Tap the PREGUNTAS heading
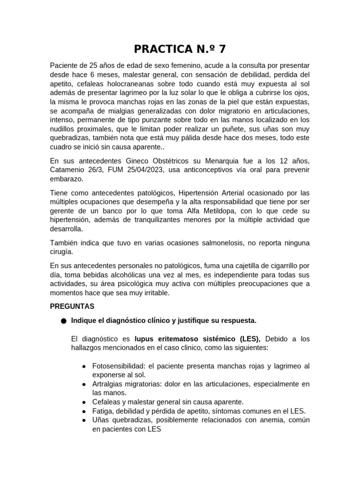coord(72,307)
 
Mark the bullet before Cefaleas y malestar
coord(83,403)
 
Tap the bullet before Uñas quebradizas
coord(83,420)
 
